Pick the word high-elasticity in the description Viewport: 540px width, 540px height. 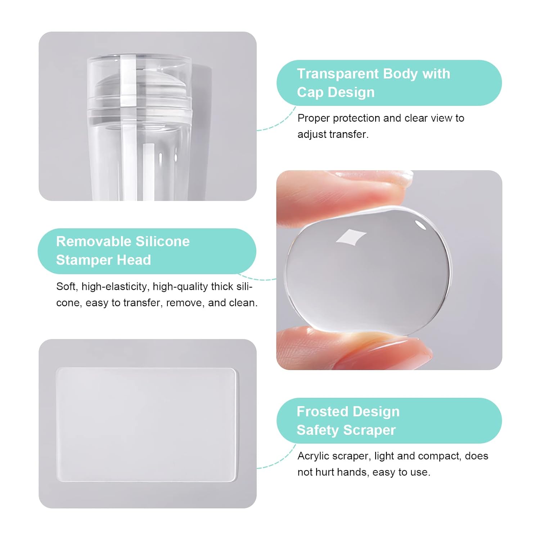115,287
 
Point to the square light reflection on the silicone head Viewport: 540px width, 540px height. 351,238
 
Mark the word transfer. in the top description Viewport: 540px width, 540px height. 350,134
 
